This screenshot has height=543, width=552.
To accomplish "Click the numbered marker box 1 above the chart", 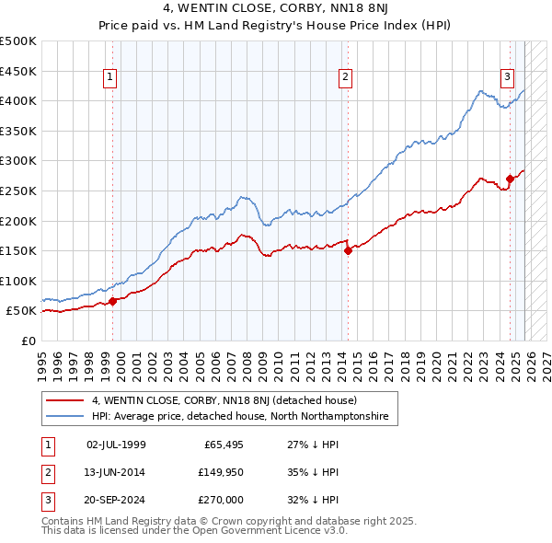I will tap(109, 78).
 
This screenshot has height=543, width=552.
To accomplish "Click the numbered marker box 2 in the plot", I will tap(345, 78).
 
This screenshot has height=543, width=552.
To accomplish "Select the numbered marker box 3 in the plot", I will tap(507, 78).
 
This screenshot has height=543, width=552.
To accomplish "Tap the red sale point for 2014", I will tap(348, 250).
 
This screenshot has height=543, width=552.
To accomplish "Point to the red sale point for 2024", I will tap(510, 179).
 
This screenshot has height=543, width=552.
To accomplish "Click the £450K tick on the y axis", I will tap(18, 71).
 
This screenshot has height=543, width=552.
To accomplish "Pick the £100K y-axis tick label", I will tap(18, 281).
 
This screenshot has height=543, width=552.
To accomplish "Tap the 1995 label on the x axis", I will tap(42, 359).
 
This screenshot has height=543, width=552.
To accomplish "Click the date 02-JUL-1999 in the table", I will tap(116, 444).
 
